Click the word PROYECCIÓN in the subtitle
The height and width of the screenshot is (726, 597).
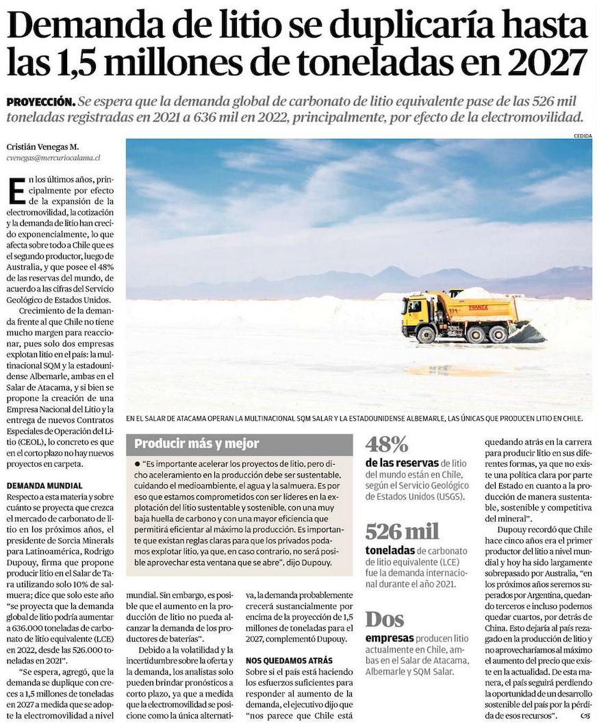(x=40, y=101)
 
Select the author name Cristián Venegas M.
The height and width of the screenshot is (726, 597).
(x=42, y=146)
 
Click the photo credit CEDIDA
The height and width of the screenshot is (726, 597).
(x=583, y=135)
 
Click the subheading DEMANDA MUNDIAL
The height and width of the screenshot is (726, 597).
(x=45, y=485)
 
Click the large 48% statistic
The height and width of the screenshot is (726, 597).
(x=387, y=445)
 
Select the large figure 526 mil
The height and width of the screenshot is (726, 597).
(x=403, y=531)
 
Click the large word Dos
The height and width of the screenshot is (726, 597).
(x=385, y=620)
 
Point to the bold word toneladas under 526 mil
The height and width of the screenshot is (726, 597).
(x=390, y=549)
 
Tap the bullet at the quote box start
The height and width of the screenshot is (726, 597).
(x=138, y=464)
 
